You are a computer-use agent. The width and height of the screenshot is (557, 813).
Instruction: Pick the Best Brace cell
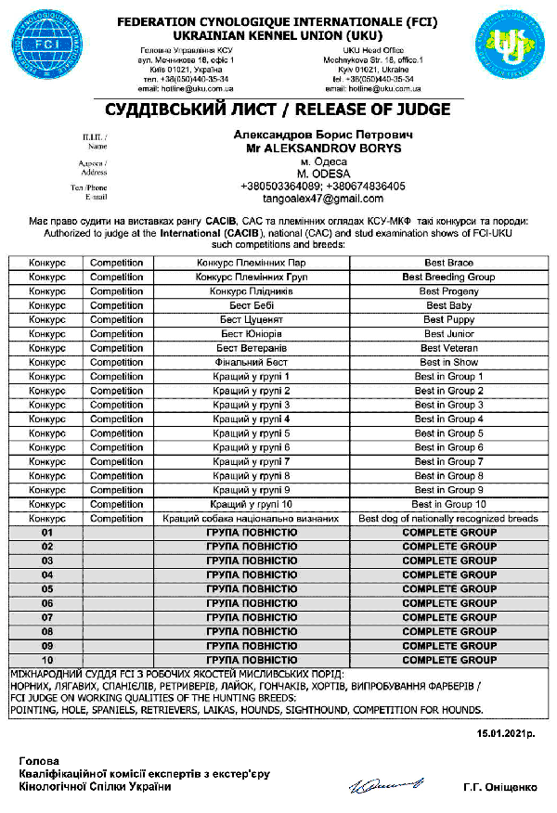(448, 263)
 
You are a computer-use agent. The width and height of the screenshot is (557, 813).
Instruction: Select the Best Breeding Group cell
(448, 277)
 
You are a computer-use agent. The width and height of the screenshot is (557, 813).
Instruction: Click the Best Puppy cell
(448, 319)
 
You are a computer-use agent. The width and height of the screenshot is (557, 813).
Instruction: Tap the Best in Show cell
(448, 362)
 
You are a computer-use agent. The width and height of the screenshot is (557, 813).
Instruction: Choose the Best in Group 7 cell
(448, 461)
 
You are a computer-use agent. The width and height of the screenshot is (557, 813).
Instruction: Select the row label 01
(46, 533)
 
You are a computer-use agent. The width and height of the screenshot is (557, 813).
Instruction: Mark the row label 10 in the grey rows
(46, 659)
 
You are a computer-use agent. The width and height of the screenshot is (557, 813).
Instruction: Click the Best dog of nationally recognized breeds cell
(448, 518)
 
